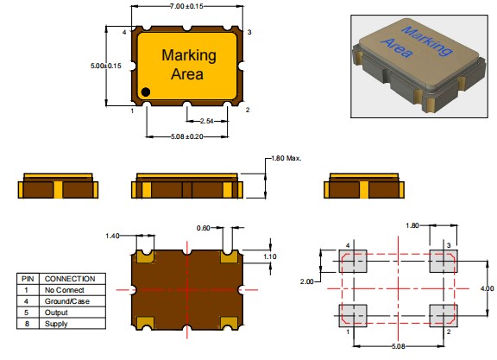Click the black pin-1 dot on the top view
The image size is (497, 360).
point(146,92)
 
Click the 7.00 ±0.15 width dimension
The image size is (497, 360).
point(186,6)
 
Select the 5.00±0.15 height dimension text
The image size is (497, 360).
point(106,66)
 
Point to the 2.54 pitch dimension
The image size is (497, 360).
point(207,121)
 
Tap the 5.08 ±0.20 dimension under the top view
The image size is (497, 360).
point(187,136)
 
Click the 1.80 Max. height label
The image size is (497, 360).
point(286,158)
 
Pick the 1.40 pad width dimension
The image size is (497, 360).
point(112,236)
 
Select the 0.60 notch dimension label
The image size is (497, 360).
point(203,228)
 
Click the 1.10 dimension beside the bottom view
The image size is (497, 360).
point(270,256)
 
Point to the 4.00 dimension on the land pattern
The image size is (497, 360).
point(487,288)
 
